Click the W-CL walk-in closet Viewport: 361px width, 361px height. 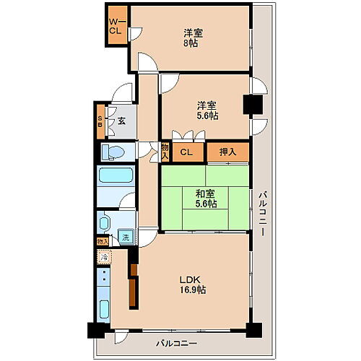point(117,27)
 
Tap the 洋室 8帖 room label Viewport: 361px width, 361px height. point(191,38)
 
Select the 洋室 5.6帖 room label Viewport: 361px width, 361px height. point(207,110)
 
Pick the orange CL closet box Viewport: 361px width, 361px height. point(186,152)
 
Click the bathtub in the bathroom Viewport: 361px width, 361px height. point(116,178)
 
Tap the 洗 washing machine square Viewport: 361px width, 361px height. point(126,238)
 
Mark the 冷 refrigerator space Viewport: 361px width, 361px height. point(105,256)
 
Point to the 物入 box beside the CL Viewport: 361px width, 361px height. point(165,152)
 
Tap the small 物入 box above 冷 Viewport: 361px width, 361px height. point(103,242)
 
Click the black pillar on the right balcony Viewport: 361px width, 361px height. point(252,105)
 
